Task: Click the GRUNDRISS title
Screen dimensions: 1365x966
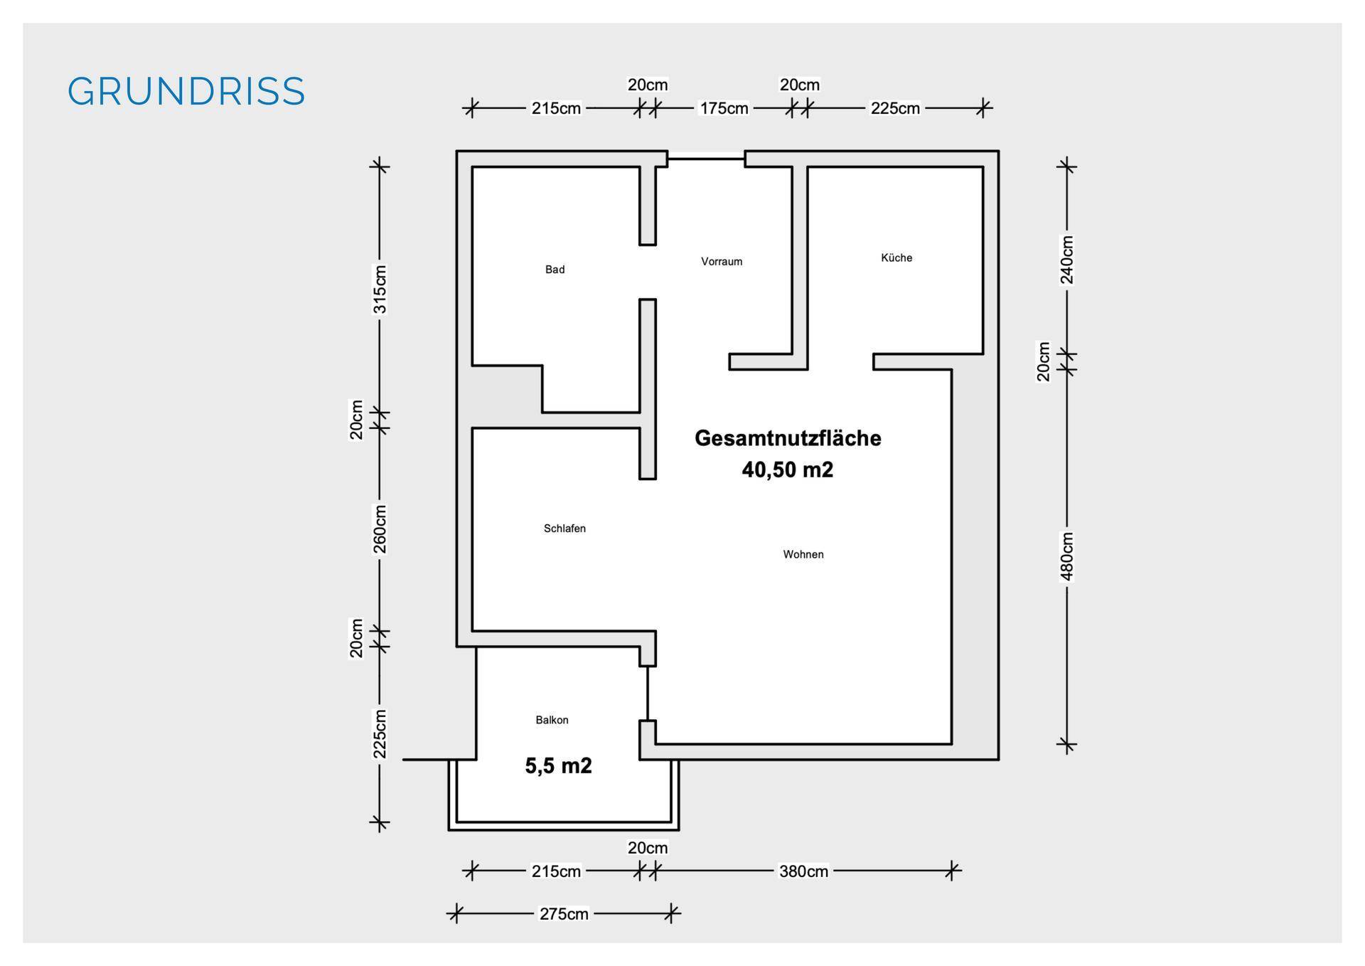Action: [x=186, y=92]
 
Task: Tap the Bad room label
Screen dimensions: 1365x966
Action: [x=555, y=270]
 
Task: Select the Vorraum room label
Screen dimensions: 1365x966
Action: [x=722, y=262]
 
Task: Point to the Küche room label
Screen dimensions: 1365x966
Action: [x=896, y=258]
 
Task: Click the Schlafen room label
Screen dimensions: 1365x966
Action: [x=564, y=529]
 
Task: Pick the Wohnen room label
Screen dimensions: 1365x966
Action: [x=803, y=555]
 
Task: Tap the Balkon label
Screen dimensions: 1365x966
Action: [x=552, y=720]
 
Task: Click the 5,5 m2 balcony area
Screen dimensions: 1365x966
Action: [x=558, y=765]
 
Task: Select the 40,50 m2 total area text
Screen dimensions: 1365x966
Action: [x=788, y=469]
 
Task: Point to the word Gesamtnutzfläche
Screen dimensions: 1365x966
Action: [x=788, y=438]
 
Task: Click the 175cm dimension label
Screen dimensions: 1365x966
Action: [x=724, y=108]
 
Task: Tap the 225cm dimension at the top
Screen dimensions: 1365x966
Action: [x=895, y=108]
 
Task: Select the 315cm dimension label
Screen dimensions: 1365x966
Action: [x=380, y=290]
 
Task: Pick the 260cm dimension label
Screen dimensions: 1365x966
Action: [x=380, y=529]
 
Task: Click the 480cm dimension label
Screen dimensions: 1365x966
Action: [x=1067, y=556]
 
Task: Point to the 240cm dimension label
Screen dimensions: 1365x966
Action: [x=1067, y=260]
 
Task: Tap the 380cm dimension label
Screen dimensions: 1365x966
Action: [x=803, y=871]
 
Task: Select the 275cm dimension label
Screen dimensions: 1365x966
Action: [x=564, y=914]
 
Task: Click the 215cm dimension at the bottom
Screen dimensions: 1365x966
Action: [x=556, y=871]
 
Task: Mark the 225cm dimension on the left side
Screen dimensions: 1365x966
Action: [x=380, y=734]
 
